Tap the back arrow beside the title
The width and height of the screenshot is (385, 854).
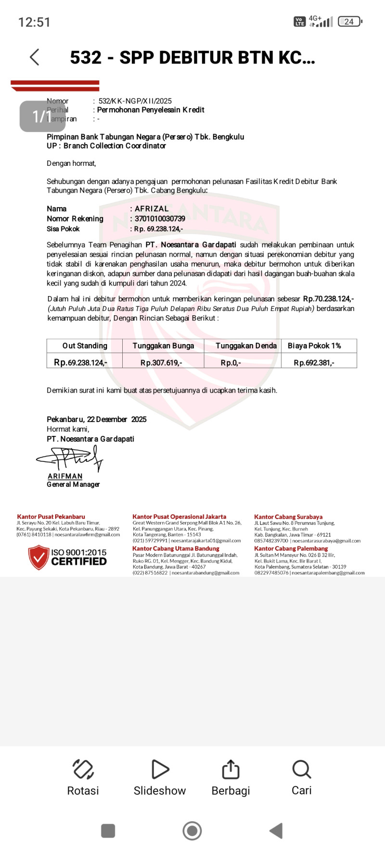click(35, 57)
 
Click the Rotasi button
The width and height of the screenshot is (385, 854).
click(83, 769)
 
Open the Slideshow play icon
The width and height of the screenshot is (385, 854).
click(160, 769)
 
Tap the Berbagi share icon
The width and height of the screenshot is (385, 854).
click(231, 769)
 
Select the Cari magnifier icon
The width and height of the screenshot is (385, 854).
click(302, 769)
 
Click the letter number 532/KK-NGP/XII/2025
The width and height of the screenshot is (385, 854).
click(135, 101)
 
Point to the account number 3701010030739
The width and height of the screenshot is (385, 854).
click(160, 219)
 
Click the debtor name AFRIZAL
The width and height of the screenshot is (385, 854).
click(152, 209)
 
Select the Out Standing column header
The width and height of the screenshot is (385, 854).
click(85, 346)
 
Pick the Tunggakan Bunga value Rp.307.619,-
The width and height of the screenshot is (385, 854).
click(161, 363)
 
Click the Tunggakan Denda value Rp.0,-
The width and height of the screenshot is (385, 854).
click(231, 363)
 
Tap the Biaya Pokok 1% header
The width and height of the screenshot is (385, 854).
click(314, 346)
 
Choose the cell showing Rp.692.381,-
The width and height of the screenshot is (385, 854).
click(314, 363)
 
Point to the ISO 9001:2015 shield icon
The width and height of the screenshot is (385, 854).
click(38, 557)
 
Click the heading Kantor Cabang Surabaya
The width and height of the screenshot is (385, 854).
click(288, 517)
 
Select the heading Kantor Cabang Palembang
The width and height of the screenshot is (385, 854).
click(291, 548)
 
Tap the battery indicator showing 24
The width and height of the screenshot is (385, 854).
click(350, 22)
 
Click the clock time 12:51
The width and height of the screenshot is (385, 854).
click(34, 22)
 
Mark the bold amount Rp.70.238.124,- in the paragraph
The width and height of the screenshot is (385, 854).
click(328, 299)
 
